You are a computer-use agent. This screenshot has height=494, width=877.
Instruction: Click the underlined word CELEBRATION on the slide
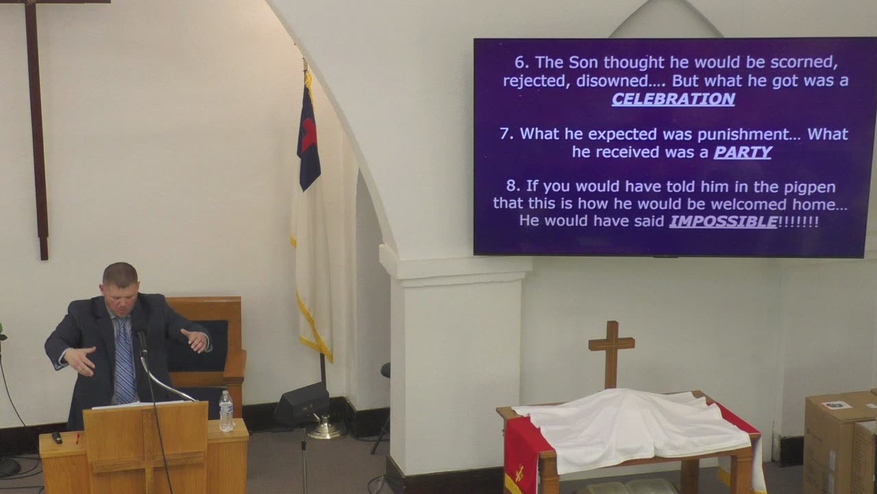click(x=673, y=99)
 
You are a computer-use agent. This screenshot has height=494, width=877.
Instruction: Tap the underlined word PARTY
click(x=742, y=152)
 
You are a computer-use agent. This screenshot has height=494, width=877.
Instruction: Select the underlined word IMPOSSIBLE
click(x=723, y=222)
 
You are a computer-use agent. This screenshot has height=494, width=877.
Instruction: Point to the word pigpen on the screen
click(x=810, y=187)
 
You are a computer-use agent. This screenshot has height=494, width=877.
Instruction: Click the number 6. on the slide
click(x=521, y=62)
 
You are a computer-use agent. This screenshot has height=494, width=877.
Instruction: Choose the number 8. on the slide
click(x=513, y=186)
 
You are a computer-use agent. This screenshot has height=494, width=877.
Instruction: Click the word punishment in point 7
click(x=742, y=134)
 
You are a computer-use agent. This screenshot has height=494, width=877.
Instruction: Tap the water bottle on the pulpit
click(x=226, y=411)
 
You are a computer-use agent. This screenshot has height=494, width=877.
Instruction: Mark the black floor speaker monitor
click(x=301, y=404)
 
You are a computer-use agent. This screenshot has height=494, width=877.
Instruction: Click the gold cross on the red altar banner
click(x=520, y=473)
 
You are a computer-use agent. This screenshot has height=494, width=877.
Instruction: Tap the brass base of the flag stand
click(x=325, y=429)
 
